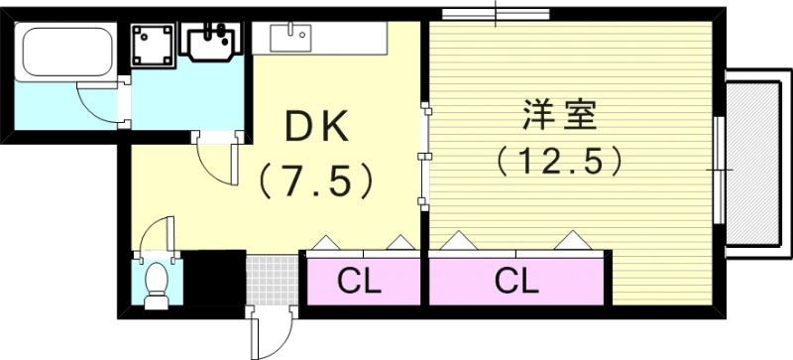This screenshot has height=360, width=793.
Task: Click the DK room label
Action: (316, 126)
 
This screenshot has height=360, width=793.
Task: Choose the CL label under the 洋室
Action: (516, 283)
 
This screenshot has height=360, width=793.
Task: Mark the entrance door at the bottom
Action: (272, 332)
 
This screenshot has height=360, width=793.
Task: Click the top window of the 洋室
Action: (497, 15)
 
